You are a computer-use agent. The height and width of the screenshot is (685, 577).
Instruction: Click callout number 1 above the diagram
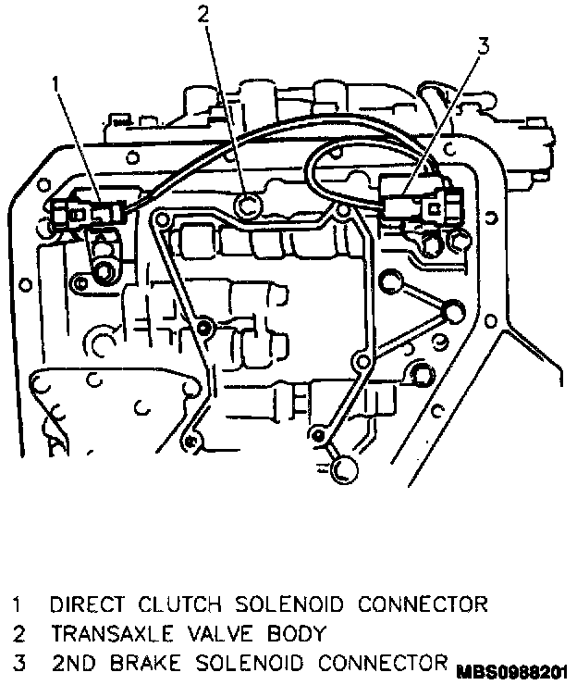click(56, 84)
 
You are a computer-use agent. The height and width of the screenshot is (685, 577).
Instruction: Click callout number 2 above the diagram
click(203, 13)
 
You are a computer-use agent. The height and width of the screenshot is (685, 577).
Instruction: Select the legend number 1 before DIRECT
click(16, 605)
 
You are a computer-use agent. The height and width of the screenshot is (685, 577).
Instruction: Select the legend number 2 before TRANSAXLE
click(16, 634)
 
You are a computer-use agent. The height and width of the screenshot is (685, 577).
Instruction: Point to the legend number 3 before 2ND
click(16, 663)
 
